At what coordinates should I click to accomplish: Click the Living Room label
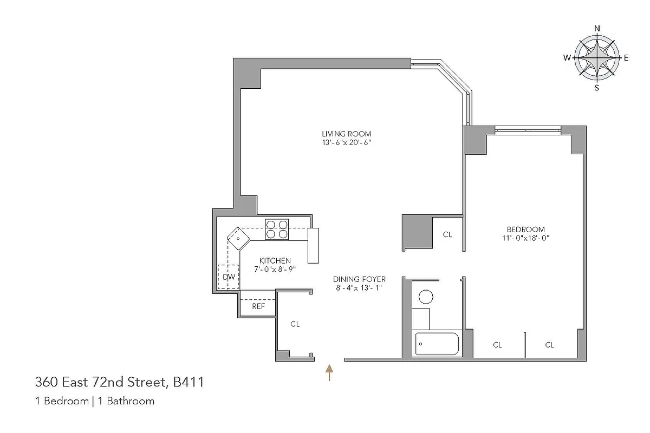pyautogui.click(x=346, y=134)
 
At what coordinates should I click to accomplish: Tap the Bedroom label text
pyautogui.click(x=525, y=229)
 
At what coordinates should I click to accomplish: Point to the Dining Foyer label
pyautogui.click(x=359, y=279)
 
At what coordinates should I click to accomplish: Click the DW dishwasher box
pyautogui.click(x=229, y=277)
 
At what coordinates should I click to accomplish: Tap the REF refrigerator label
pyautogui.click(x=258, y=306)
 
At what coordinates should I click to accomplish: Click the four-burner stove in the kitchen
pyautogui.click(x=277, y=229)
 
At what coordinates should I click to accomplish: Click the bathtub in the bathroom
pyautogui.click(x=437, y=344)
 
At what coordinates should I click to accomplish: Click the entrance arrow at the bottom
pyautogui.click(x=328, y=372)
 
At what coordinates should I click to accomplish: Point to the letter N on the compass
pyautogui.click(x=597, y=29)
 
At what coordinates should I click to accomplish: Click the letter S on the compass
pyautogui.click(x=597, y=87)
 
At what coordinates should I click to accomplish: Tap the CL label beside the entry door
pyautogui.click(x=295, y=324)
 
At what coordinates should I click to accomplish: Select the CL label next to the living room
pyautogui.click(x=447, y=234)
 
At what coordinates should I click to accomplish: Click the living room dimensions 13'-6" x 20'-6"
pyautogui.click(x=346, y=143)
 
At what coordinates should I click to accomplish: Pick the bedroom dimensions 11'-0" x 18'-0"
pyautogui.click(x=525, y=238)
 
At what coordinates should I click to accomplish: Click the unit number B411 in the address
pyautogui.click(x=188, y=382)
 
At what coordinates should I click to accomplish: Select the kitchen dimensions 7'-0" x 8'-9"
pyautogui.click(x=275, y=269)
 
